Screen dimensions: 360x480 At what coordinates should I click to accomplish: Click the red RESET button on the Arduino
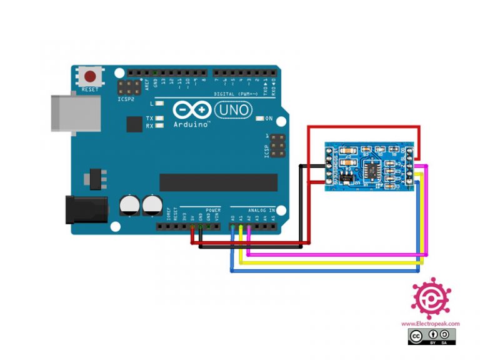[x=91, y=77]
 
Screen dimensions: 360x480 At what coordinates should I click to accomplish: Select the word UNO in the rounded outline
[x=233, y=111]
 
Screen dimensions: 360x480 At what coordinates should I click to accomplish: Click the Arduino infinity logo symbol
[x=192, y=111]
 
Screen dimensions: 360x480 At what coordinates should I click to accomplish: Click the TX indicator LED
[x=161, y=118]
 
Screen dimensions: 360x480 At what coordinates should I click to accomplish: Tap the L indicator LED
[x=160, y=104]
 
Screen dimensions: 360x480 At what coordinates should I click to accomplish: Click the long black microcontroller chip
[x=218, y=182]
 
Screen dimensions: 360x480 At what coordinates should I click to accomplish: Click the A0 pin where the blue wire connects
[x=233, y=226]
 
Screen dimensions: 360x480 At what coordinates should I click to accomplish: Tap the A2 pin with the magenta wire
[x=249, y=226]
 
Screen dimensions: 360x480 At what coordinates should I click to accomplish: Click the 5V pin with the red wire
[x=192, y=226]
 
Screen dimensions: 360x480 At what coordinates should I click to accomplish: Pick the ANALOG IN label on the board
[x=261, y=211]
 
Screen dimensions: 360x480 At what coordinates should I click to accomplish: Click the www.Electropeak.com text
[x=430, y=324]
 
